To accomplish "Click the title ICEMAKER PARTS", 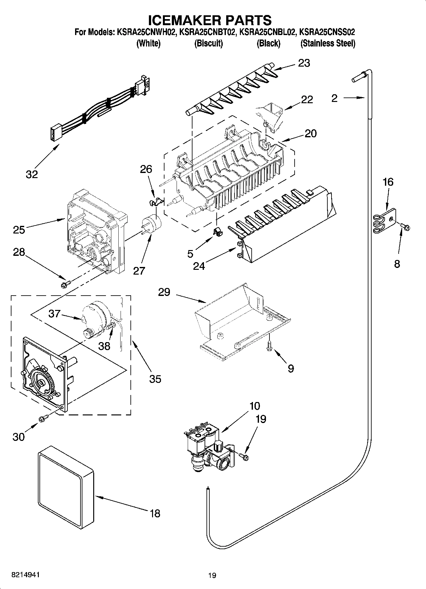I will tap(210, 20).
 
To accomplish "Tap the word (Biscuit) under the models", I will tap(208, 43).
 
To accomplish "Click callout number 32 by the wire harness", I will tap(32, 174).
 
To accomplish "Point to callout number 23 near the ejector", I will tap(304, 63).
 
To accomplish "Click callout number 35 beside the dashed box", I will tap(155, 379).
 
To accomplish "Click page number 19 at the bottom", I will tap(212, 575).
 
